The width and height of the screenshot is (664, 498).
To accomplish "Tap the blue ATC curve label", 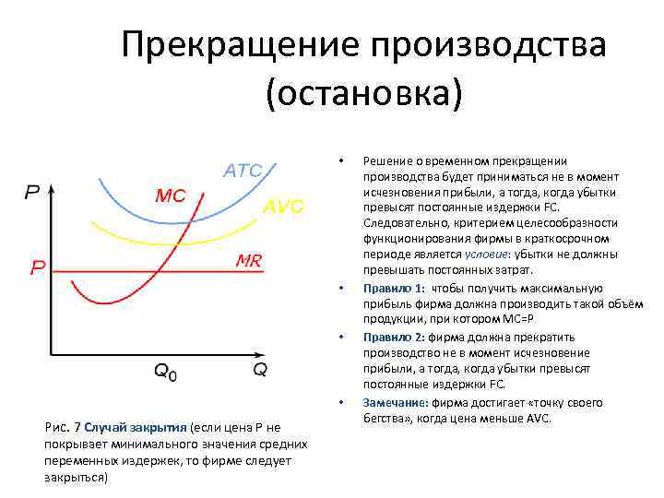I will click(243, 171).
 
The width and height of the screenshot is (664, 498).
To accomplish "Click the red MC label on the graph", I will click(170, 196).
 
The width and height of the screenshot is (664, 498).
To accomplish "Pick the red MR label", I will click(248, 261).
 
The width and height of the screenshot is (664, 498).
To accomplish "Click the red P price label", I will click(38, 269).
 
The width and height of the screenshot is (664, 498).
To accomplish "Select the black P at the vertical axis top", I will click(31, 193).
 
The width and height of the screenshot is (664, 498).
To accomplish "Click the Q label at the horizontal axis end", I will click(260, 370).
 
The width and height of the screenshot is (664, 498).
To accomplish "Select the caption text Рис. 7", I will click(63, 428).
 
